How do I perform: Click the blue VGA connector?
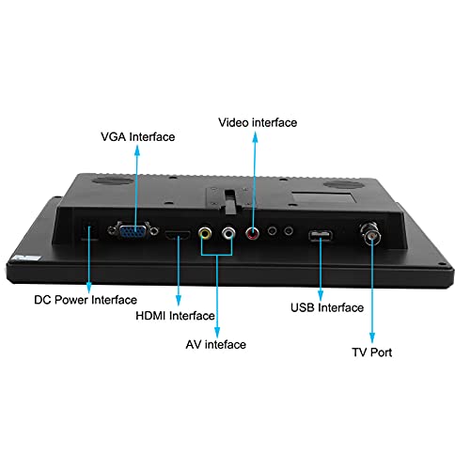pos(133,231)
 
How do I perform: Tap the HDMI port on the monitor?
pos(178,235)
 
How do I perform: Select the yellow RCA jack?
pos(205,233)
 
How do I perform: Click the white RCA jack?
pos(228,233)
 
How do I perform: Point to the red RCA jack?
pos(252,233)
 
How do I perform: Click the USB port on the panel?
pos(321,236)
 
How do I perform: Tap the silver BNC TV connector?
pos(370,233)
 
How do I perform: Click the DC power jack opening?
pos(88,232)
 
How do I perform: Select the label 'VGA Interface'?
pos(138,137)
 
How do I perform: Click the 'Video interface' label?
pos(258,122)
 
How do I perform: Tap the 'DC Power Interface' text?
pos(86,300)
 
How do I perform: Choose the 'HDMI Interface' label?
pos(175,316)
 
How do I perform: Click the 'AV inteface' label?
pos(216,345)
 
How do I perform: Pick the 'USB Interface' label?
pos(327,307)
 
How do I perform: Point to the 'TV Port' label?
pos(372,352)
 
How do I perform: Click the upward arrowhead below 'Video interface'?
pos(256,136)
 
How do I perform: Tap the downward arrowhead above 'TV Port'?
pos(372,337)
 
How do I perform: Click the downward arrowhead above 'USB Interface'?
pos(321,296)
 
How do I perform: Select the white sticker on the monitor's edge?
pos(26,258)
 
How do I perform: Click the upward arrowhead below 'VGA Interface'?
pos(137,150)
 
